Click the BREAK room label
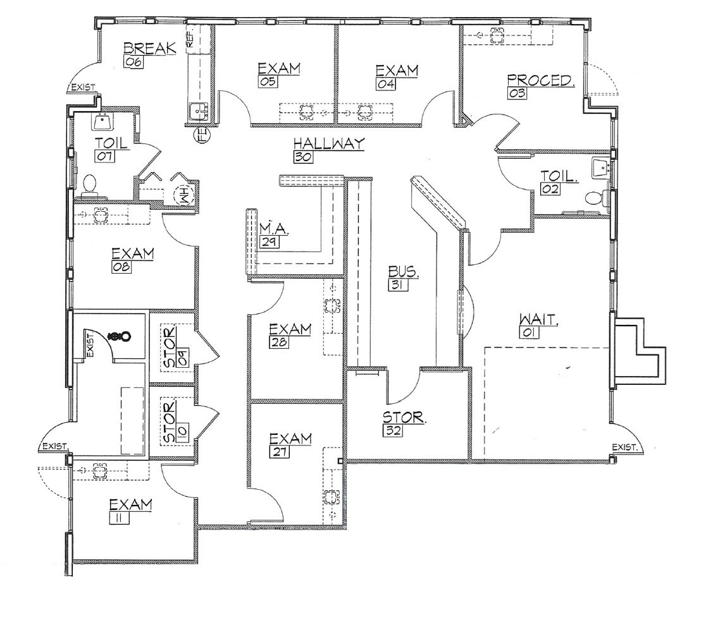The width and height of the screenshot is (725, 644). pos(149,49)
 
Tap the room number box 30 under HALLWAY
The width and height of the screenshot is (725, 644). pos(303,157)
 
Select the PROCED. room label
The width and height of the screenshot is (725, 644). pos(540,80)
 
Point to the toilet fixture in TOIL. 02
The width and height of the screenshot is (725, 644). pos(593,198)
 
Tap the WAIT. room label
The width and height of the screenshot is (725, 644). pos(538,319)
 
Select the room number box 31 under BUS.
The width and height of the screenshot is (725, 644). pos(399,285)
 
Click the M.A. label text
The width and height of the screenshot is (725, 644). pos(275,228)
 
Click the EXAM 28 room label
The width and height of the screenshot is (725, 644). pos(290,329)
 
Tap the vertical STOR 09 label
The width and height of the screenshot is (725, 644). pos(170,347)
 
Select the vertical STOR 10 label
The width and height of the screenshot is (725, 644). pos(170,422)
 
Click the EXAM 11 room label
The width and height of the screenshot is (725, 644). pos(130,505)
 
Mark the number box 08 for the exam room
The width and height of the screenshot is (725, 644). pos(121,267)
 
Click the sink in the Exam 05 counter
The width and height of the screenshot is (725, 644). pos(306,112)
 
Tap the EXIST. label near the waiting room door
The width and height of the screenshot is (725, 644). pos(624,447)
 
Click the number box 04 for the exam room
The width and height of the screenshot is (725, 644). pos(386,82)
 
